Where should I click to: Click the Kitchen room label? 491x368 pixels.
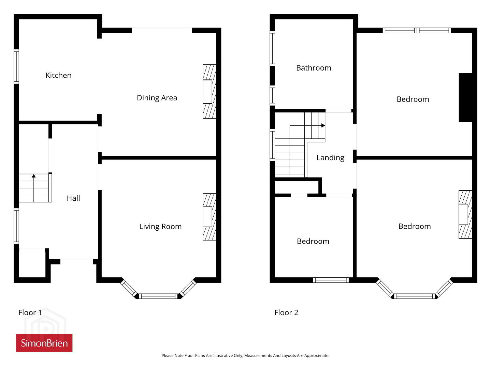pyautogui.click(x=58, y=76)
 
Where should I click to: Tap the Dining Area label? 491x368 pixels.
pyautogui.click(x=157, y=98)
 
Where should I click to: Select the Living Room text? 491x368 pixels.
pyautogui.click(x=160, y=227)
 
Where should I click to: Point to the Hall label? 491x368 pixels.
pyautogui.click(x=73, y=198)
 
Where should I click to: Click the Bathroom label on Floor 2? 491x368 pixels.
pyautogui.click(x=314, y=68)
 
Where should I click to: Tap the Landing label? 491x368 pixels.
pyautogui.click(x=330, y=158)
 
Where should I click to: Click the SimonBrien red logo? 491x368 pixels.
pyautogui.click(x=44, y=343)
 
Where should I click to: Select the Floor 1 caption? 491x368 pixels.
pyautogui.click(x=30, y=312)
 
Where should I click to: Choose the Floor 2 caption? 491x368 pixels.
pyautogui.click(x=286, y=312)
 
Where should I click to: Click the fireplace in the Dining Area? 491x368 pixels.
pyautogui.click(x=210, y=92)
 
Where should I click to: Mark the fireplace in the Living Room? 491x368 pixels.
pyautogui.click(x=210, y=217)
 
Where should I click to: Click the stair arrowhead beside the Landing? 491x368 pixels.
pyautogui.click(x=323, y=125)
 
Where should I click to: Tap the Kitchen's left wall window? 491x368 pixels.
pyautogui.click(x=16, y=66)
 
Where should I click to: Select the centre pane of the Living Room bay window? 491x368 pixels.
pyautogui.click(x=158, y=296)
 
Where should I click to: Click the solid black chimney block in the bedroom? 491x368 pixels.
pyautogui.click(x=465, y=97)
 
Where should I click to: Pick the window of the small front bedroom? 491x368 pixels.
pyautogui.click(x=331, y=280)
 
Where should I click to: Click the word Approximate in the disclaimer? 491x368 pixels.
pyautogui.click(x=317, y=355)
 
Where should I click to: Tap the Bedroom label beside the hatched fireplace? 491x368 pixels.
pyautogui.click(x=415, y=227)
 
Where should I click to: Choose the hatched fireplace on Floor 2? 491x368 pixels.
pyautogui.click(x=465, y=214)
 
